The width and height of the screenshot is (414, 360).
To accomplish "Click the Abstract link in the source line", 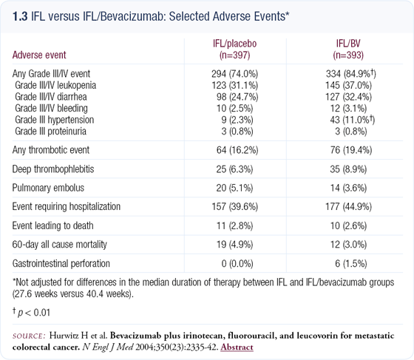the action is (237, 347).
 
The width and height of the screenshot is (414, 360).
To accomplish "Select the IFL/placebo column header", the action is (235, 49).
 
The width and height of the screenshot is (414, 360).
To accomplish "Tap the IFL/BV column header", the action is (348, 49).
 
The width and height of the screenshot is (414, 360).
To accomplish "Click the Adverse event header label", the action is (39, 55).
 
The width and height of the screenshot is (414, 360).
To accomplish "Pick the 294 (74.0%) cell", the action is (235, 74).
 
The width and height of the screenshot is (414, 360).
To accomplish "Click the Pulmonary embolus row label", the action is (48, 188).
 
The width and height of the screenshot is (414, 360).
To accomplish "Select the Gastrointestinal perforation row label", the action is (61, 263).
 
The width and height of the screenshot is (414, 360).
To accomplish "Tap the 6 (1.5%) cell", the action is (351, 263).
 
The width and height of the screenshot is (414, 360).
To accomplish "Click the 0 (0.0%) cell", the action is (237, 263).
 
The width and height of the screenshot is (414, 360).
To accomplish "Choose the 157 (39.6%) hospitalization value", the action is (235, 206).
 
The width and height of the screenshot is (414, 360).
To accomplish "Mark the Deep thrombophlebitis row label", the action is (53, 169).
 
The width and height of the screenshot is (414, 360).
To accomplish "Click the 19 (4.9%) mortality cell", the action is (235, 245).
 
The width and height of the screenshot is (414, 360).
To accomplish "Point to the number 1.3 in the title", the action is (20, 16).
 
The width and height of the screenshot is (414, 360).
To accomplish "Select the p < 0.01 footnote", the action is (31, 313).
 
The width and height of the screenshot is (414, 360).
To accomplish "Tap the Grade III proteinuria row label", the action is (50, 131).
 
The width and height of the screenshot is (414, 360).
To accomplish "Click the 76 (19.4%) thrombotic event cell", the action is (351, 150).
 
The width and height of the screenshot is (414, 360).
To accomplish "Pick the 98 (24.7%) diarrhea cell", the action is (237, 97).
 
